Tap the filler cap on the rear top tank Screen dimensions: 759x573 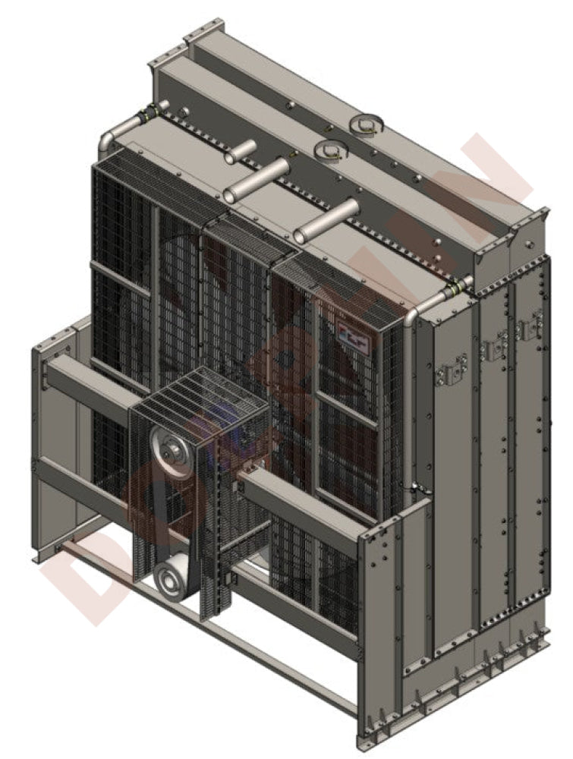point(366,123)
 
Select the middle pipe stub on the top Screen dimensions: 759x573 point(258,180)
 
